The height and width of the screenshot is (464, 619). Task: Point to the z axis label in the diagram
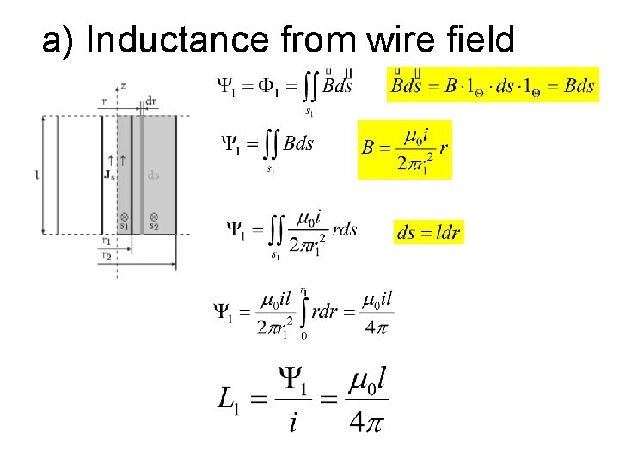(x=124, y=87)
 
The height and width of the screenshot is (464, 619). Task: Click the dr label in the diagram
(x=150, y=101)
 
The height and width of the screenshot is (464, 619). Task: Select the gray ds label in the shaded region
(x=153, y=175)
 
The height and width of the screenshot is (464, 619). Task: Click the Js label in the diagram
(x=109, y=175)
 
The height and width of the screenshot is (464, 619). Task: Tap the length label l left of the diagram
(x=36, y=175)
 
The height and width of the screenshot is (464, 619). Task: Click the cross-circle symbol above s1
(x=124, y=217)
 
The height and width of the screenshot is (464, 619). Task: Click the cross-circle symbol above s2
(x=153, y=217)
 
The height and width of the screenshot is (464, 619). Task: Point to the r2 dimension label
(x=106, y=254)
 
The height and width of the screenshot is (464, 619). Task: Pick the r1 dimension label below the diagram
(x=106, y=241)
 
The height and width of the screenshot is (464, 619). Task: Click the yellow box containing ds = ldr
(x=428, y=231)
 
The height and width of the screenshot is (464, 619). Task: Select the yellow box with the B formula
(x=404, y=150)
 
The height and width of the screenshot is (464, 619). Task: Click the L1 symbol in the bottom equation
(x=229, y=398)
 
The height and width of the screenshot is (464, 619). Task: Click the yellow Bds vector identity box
(x=493, y=85)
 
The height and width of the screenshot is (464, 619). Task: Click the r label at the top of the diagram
(x=104, y=101)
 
